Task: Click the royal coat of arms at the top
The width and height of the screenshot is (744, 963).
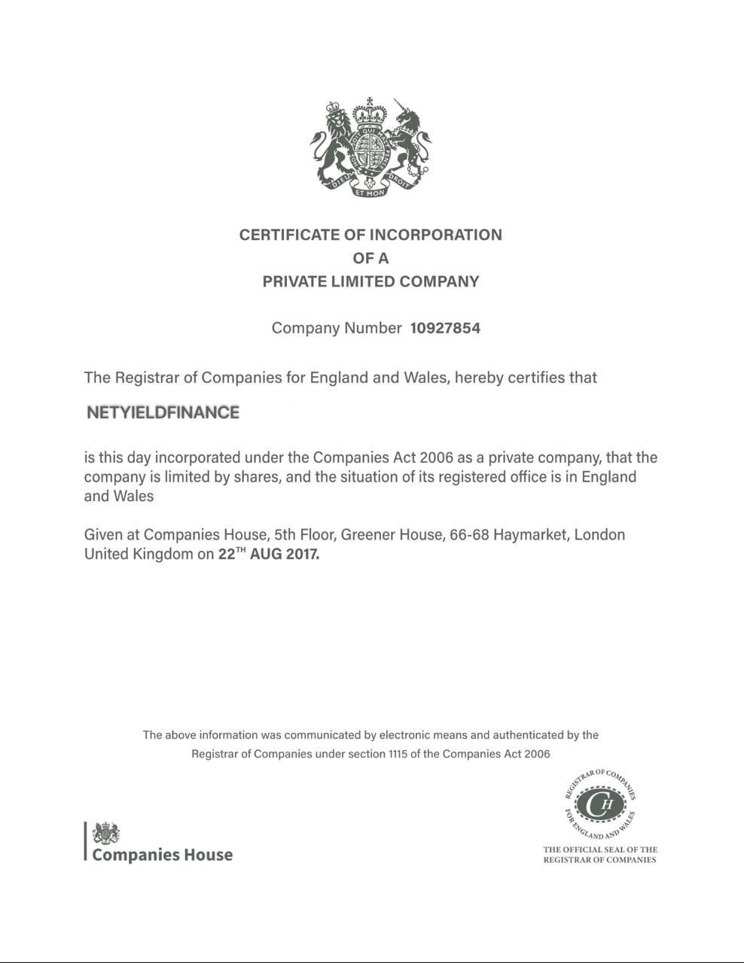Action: tap(370, 148)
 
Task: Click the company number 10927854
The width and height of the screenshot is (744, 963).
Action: tap(445, 328)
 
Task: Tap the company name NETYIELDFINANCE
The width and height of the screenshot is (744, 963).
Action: tap(163, 412)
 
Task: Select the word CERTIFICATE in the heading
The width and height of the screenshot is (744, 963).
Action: tap(289, 235)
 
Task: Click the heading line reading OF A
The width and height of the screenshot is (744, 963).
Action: tap(370, 258)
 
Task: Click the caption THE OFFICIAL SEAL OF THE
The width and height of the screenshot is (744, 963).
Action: tap(600, 849)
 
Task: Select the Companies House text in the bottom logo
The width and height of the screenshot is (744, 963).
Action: tap(162, 855)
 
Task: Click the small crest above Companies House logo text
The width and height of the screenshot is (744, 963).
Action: tap(105, 834)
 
